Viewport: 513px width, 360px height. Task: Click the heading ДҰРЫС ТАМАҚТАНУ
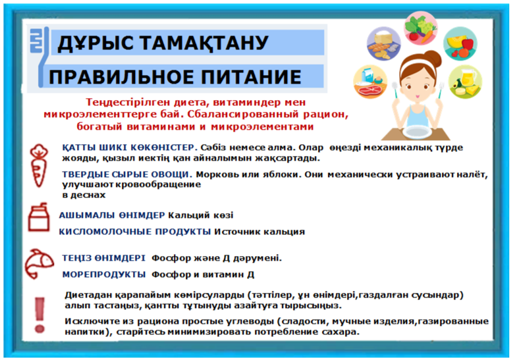click(x=163, y=43)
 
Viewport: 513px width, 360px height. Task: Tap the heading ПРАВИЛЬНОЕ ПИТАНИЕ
click(x=175, y=77)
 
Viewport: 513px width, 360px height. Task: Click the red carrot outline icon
click(x=39, y=165)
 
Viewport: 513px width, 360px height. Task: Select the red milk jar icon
click(x=39, y=217)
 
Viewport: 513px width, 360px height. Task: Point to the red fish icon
click(x=39, y=263)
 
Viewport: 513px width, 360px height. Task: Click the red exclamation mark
click(x=40, y=315)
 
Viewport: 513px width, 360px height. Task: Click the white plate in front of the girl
click(x=416, y=132)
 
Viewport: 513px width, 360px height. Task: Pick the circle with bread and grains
click(x=383, y=44)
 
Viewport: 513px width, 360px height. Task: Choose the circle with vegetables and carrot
click(x=421, y=28)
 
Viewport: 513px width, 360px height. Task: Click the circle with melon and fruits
click(x=460, y=44)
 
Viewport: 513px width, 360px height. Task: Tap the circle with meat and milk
click(x=370, y=82)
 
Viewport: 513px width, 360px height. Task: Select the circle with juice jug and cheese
click(x=465, y=82)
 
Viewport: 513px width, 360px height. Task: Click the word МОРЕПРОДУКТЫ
click(x=104, y=274)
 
